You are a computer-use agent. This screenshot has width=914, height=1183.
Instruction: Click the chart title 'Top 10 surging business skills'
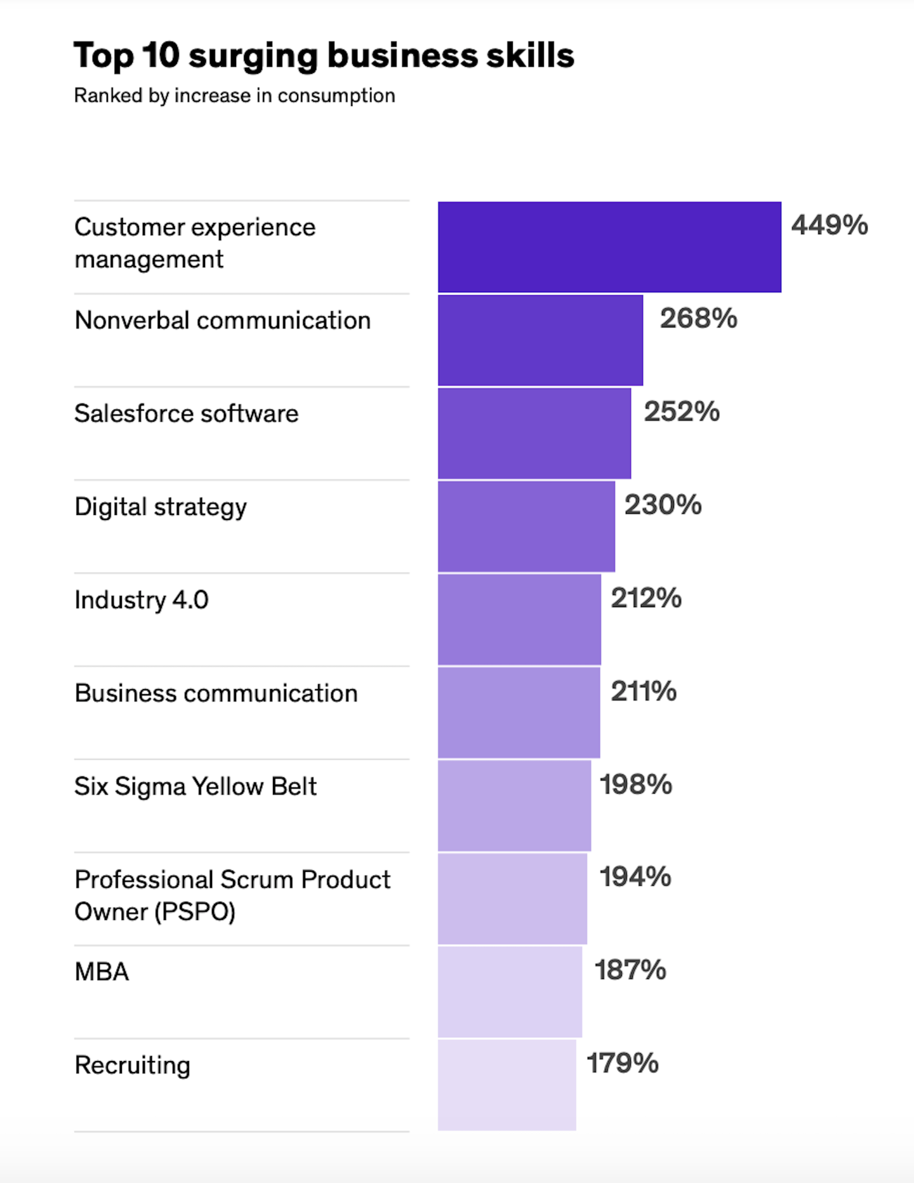(324, 56)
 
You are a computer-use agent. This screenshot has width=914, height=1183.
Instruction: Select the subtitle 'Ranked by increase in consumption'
(234, 96)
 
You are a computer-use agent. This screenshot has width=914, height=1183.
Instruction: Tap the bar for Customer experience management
(609, 247)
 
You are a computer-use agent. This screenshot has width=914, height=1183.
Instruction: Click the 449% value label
(829, 225)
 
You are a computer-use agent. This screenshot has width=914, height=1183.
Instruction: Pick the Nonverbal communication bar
(540, 340)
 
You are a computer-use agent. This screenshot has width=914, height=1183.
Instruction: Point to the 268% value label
(698, 318)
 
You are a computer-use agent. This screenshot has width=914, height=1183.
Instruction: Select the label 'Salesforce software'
(186, 413)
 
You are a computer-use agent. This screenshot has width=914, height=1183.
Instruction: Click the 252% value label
(682, 411)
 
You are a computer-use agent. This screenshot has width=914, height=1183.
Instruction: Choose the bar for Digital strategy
(526, 526)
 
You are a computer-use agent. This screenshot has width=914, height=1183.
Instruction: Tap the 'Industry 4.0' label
(141, 600)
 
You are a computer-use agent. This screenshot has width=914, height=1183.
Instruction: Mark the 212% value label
(646, 598)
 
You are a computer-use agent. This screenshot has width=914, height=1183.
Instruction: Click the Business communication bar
(519, 712)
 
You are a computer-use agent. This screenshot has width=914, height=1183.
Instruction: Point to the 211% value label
(643, 692)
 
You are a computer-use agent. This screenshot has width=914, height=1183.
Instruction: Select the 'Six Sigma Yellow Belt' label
(195, 786)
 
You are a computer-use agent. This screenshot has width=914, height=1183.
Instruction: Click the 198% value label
(635, 785)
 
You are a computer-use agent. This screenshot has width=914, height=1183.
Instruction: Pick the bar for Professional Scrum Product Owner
(512, 899)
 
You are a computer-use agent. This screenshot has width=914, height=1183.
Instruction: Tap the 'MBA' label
(102, 972)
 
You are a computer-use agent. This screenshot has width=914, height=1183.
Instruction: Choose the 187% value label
(630, 970)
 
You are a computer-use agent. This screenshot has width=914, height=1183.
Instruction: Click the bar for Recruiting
(507, 1085)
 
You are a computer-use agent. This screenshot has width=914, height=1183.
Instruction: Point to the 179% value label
(622, 1064)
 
